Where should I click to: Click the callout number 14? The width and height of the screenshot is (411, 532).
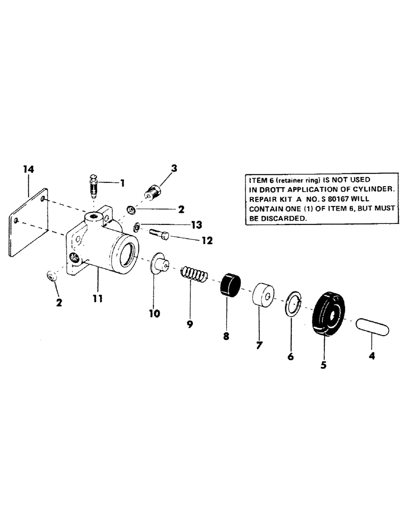coord(28,170)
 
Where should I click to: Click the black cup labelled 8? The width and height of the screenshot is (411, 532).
coord(231,285)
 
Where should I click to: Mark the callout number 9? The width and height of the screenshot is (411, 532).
coord(190,323)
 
